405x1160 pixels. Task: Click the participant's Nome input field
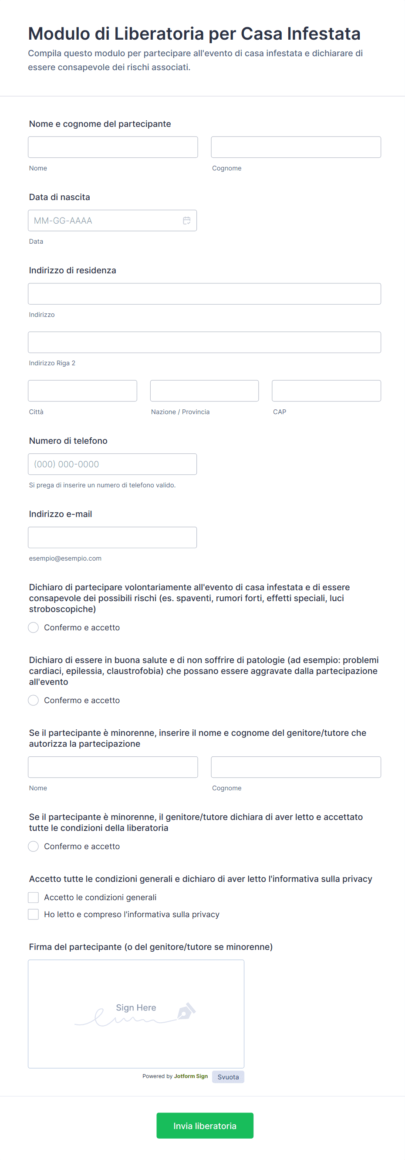[x=112, y=147]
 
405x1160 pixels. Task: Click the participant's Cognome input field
[x=296, y=147]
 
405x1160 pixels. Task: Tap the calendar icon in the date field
[x=187, y=221]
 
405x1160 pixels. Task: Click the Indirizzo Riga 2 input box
[x=204, y=342]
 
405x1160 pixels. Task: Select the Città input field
[x=82, y=391]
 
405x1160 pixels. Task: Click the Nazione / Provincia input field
[x=204, y=391]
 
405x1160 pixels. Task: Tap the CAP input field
[x=326, y=391]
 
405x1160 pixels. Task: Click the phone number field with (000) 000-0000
[x=112, y=464]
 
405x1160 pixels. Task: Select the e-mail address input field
[x=112, y=537]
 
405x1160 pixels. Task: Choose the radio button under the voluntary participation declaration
[x=33, y=627]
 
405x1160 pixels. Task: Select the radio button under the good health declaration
[x=33, y=700]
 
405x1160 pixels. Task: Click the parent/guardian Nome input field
[x=112, y=767]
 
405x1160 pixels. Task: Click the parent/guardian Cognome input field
[x=296, y=767]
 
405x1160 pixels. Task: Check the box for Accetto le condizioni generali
[x=33, y=898]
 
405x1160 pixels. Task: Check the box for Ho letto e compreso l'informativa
[x=33, y=914]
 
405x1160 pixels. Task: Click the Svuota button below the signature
[x=228, y=1077]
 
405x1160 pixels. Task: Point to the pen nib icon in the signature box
[x=186, y=1011]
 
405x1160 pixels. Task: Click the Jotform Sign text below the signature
[x=191, y=1076]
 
